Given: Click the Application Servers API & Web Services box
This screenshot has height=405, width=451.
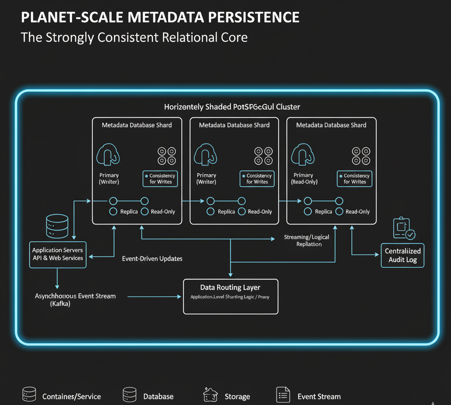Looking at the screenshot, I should point(58,254).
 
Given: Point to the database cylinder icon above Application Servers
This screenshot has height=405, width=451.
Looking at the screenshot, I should point(57,226).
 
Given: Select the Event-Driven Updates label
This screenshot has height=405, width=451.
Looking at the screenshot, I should point(152,259).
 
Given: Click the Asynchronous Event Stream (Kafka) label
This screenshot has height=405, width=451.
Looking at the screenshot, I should point(75,300).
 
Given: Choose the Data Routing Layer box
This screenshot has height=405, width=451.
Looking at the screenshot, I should point(230,296).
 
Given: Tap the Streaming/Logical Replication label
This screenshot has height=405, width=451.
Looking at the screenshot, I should point(306,240).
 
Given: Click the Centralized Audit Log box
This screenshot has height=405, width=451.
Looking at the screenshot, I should point(402,255).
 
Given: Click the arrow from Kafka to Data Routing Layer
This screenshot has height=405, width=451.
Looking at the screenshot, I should point(153,297).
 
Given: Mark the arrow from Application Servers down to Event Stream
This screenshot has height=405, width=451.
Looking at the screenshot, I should point(57,279).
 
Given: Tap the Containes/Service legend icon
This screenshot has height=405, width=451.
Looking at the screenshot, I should point(29,395).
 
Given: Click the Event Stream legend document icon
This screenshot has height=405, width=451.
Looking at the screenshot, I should point(283,395).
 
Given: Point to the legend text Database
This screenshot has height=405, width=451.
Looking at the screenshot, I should point(158,396).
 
